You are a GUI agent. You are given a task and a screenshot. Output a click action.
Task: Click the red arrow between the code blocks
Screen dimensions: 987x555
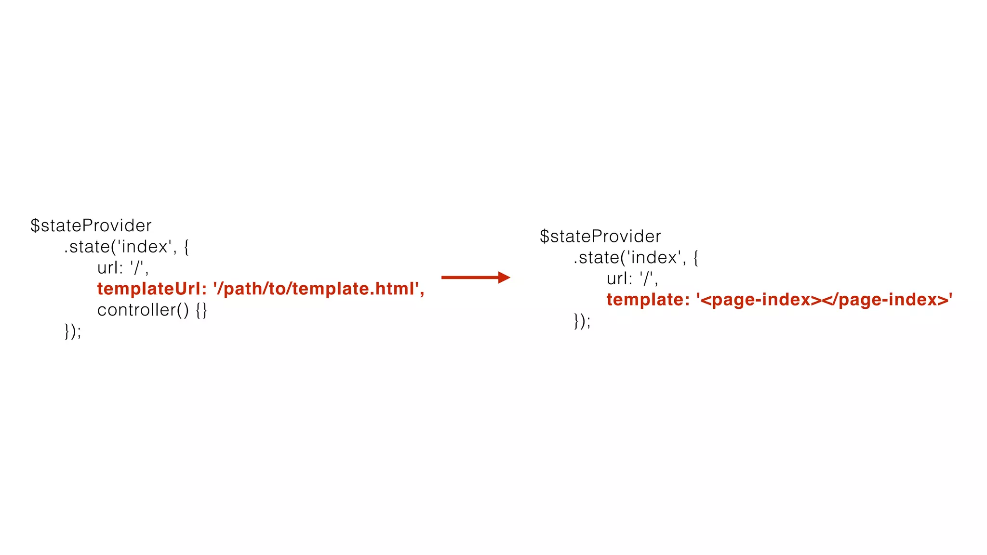[x=475, y=277]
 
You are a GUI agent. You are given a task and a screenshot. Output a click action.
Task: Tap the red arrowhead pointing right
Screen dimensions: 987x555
[x=504, y=277]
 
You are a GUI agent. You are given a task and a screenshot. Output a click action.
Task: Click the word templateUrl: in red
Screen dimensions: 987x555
[x=152, y=289]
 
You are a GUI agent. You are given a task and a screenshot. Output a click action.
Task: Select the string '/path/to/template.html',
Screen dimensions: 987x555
[x=319, y=289]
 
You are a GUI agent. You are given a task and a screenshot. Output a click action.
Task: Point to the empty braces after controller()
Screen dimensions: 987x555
[x=201, y=310]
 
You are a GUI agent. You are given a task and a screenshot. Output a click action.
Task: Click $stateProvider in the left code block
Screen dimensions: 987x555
[x=91, y=225]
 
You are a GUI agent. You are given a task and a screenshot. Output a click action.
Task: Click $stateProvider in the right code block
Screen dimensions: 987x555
[x=600, y=236]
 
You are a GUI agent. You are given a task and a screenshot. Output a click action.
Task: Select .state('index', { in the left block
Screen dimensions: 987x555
[x=126, y=247]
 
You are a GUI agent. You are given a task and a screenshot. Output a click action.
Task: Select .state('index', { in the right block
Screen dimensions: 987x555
[x=636, y=257]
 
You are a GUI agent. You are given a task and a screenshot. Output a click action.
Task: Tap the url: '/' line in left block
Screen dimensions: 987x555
[x=123, y=268]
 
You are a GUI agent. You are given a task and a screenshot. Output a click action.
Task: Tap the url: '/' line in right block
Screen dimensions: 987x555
[x=632, y=278]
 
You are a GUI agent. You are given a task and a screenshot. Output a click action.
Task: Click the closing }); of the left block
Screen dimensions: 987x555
[x=73, y=331]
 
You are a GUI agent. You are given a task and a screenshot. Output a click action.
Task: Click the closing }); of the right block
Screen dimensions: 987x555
[x=582, y=320]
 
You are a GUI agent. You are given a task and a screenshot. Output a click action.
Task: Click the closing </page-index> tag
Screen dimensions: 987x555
[x=885, y=300]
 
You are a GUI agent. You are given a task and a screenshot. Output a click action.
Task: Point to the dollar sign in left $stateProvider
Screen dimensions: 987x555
[x=35, y=225]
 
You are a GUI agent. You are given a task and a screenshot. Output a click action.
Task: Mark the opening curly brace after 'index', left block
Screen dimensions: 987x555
[x=187, y=247]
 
